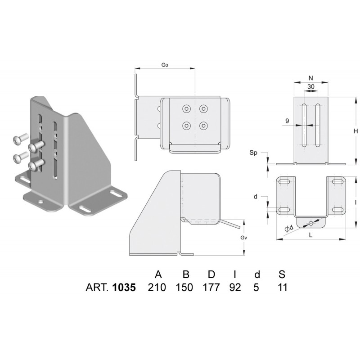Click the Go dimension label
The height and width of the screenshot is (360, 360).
pyautogui.click(x=165, y=65)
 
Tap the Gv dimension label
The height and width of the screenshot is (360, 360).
pyautogui.click(x=243, y=238)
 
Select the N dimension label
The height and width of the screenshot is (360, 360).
pyautogui.click(x=310, y=78)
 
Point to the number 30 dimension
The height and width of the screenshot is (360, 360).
pyautogui.click(x=311, y=86)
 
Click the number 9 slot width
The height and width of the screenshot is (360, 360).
pyautogui.click(x=287, y=121)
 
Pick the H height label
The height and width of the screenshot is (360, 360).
pyautogui.click(x=355, y=131)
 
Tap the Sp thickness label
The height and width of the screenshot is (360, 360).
pyautogui.click(x=253, y=153)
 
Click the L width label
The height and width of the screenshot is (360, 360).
pyautogui.click(x=310, y=234)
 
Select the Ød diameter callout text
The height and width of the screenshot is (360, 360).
pyautogui.click(x=289, y=228)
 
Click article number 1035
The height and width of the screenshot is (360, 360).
pyautogui.click(x=124, y=288)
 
